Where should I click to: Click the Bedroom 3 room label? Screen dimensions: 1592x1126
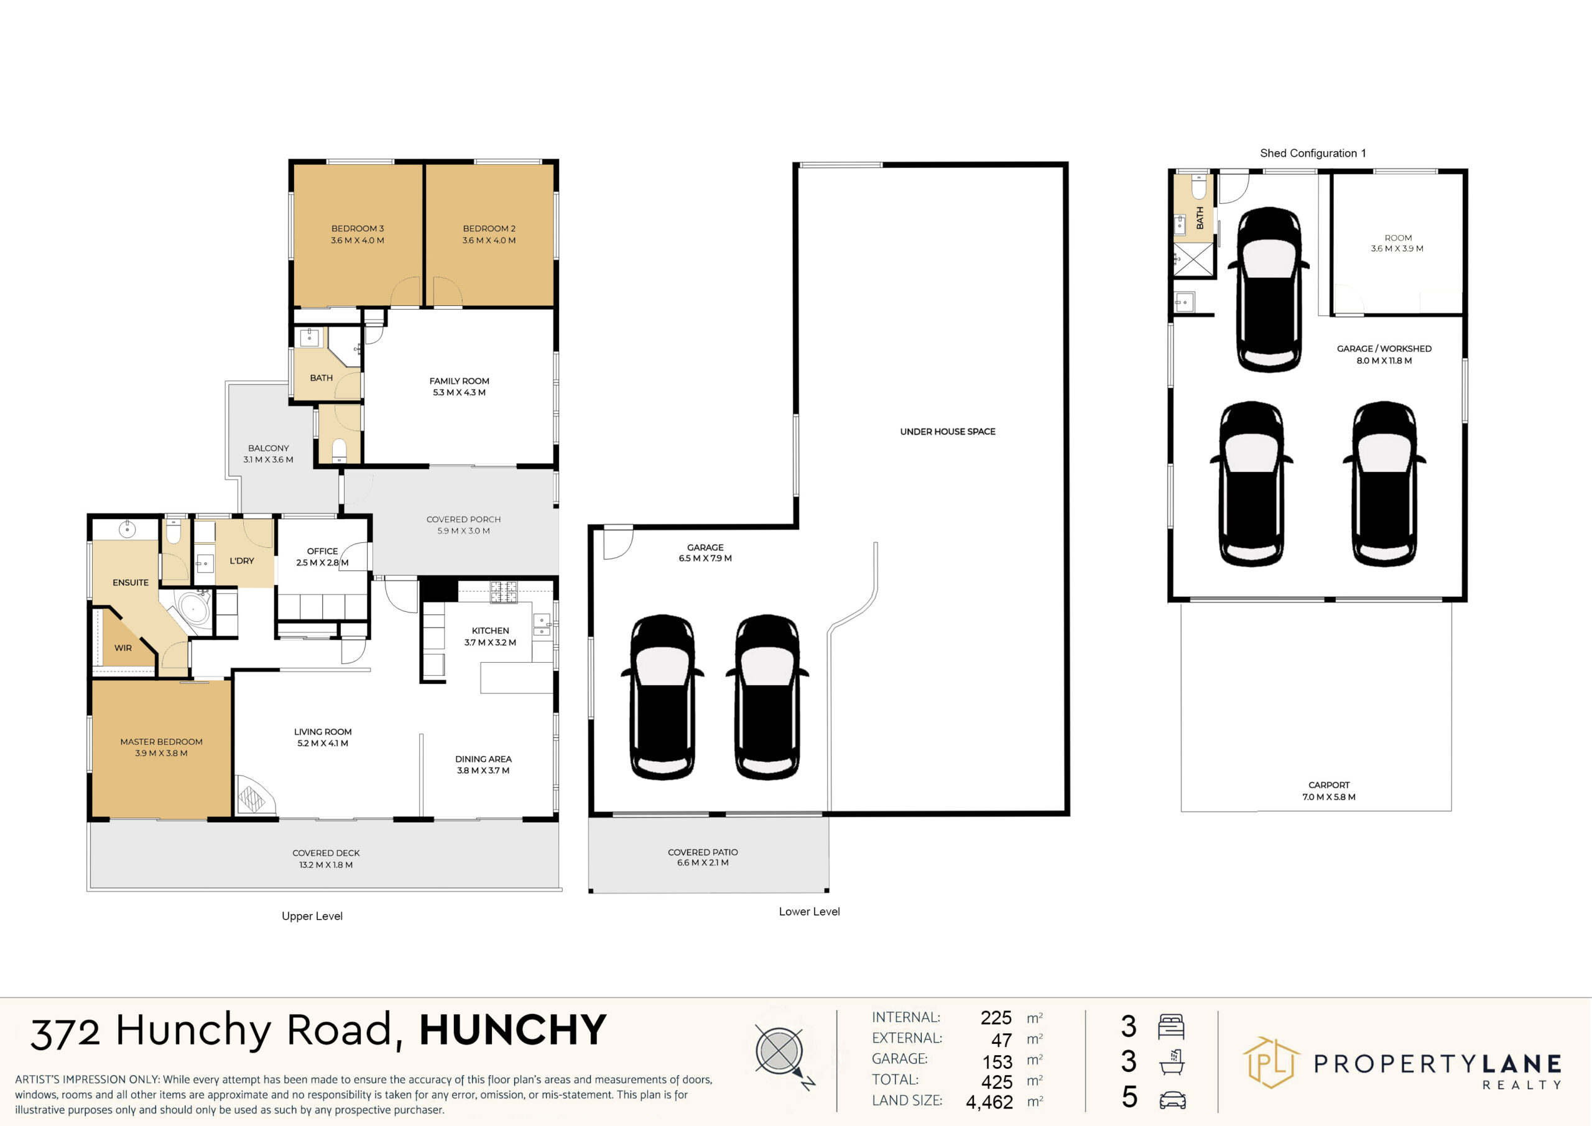coord(357,234)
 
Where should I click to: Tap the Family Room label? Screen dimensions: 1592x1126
coord(459,387)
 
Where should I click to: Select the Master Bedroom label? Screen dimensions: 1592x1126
coord(161,747)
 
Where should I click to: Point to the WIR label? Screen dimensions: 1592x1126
coord(123,648)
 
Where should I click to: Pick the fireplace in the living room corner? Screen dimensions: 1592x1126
coord(252,795)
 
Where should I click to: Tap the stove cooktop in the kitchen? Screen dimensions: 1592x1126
coord(503,591)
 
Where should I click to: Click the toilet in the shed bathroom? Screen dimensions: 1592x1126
coord(1200,187)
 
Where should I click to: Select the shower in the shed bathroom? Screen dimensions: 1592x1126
coord(1193,260)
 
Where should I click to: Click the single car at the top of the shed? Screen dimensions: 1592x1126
coord(1268,289)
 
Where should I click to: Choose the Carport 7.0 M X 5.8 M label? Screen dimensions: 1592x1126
coord(1328,791)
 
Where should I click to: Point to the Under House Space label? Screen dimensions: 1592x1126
coord(947,431)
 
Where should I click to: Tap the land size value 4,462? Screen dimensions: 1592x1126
coord(989,1102)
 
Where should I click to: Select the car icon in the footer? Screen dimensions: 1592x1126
coord(1172,1100)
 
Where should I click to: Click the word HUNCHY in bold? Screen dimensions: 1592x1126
coord(512,1030)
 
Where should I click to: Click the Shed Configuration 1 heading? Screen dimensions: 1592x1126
coord(1313,153)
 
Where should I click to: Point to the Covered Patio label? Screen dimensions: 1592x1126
coord(702,857)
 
